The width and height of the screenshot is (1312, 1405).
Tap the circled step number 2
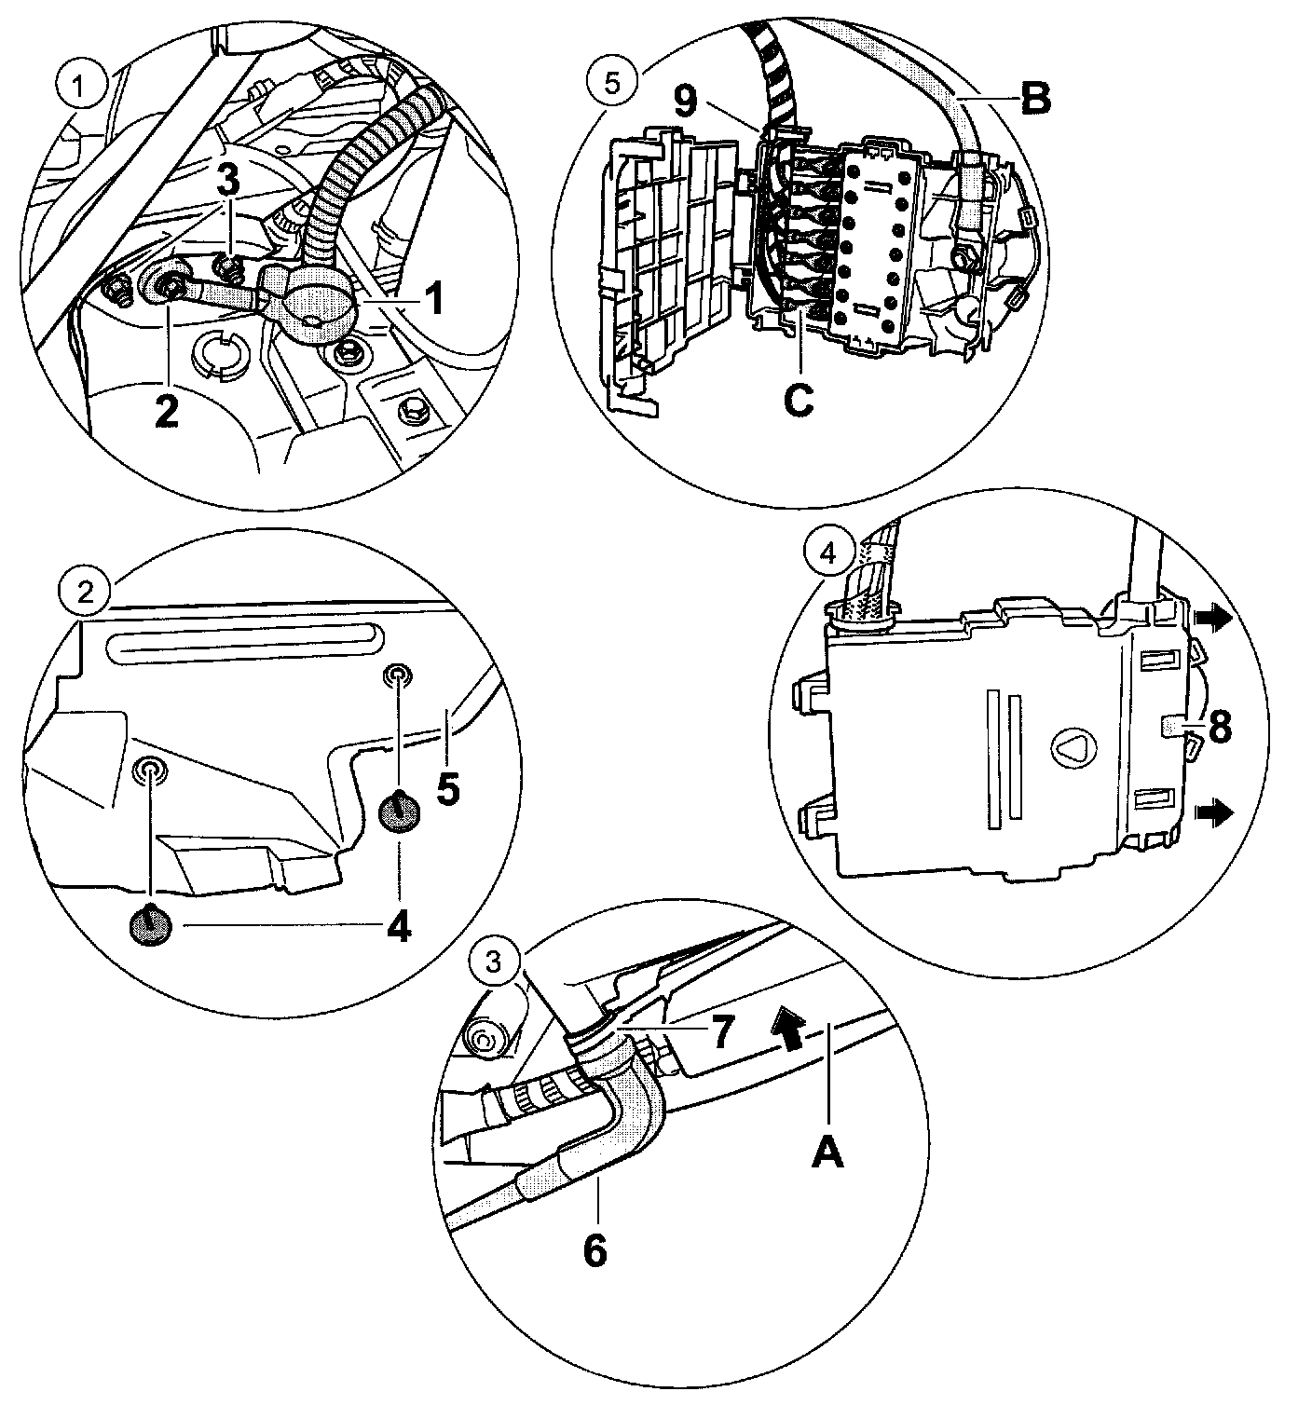pyautogui.click(x=85, y=592)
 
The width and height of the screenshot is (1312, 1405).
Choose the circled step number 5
pyautogui.click(x=610, y=81)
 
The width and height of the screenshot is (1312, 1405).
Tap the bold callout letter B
pyautogui.click(x=1034, y=97)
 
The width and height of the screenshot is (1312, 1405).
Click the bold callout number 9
pyautogui.click(x=685, y=101)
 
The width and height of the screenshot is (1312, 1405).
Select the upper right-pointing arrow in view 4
pyautogui.click(x=1216, y=618)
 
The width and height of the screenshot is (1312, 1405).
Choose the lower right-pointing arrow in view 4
pyautogui.click(x=1216, y=812)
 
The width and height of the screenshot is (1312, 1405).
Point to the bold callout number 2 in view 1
pyautogui.click(x=166, y=411)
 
